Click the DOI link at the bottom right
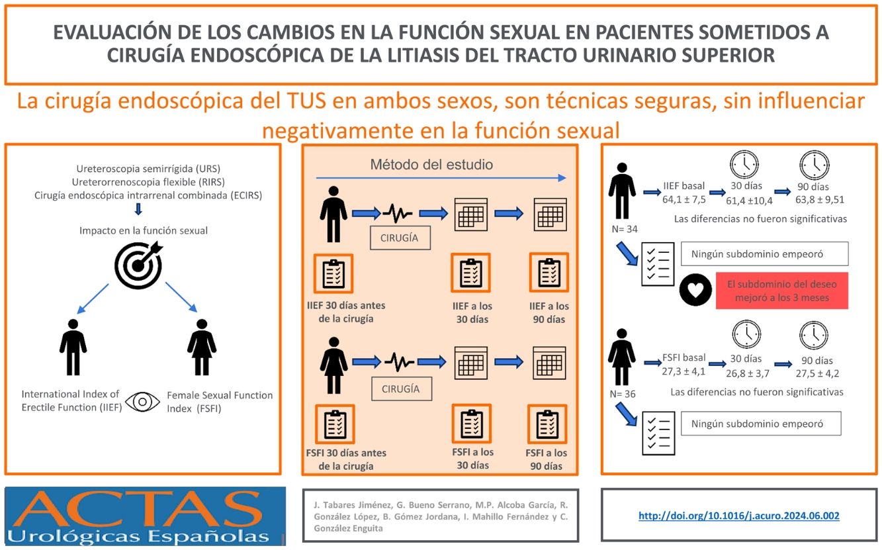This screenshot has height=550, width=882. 738,516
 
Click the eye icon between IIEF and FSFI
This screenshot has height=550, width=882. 143,402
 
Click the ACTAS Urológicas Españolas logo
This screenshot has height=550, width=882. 145,516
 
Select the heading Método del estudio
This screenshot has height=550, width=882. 431,164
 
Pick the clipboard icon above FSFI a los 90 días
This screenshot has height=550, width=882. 547,424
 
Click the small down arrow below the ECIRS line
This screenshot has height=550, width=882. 138,210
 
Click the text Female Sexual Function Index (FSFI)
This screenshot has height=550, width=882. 220,401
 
